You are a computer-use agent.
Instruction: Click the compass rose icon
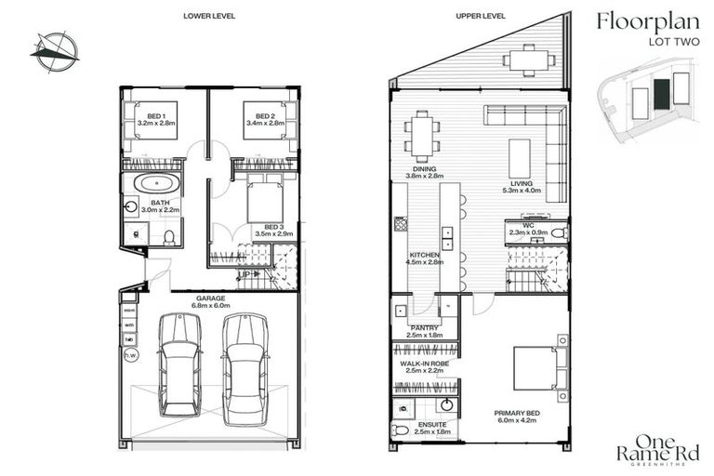[x=55, y=48]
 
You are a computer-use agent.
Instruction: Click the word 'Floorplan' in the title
[x=642, y=20]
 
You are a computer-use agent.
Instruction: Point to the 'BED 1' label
[x=149, y=116]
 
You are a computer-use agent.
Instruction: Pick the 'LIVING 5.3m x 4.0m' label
[x=521, y=186]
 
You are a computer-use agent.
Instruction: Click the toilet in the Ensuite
[x=401, y=430]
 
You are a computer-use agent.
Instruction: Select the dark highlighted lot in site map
[x=660, y=93]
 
